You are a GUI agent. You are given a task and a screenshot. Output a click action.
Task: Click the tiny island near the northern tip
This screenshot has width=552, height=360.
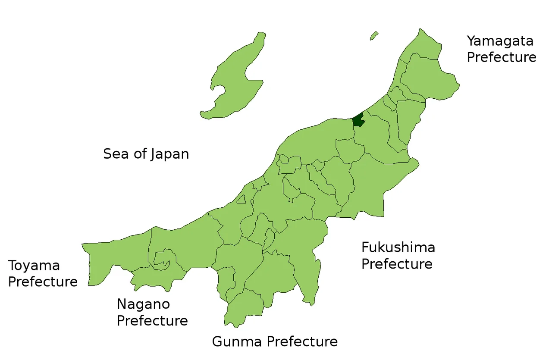pos(374,36)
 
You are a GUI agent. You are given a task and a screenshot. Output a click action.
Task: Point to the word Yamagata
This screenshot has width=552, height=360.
pos(500,41)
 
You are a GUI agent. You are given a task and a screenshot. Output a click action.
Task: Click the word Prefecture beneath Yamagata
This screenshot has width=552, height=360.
pos(502,57)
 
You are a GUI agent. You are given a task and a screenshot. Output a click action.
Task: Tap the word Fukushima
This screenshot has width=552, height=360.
pos(398,247)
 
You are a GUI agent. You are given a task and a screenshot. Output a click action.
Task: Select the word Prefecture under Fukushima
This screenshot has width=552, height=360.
pos(397,264)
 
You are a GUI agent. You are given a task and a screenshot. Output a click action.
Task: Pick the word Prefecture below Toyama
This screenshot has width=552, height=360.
pos(43,282)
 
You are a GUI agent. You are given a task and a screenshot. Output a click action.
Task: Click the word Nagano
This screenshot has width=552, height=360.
pos(143,304)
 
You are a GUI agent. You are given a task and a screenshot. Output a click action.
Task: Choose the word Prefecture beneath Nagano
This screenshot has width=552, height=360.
pos(152,321)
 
